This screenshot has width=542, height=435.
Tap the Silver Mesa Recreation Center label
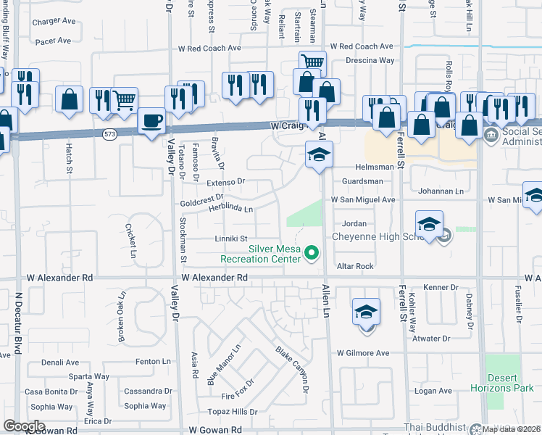(275, 253)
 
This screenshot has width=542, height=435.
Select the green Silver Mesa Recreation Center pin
(312, 253)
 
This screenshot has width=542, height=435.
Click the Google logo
(23, 426)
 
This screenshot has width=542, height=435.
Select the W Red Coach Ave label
(209, 48)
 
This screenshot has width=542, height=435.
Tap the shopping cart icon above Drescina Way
(312, 62)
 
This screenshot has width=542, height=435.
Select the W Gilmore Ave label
(363, 353)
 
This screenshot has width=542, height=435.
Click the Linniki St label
(231, 239)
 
